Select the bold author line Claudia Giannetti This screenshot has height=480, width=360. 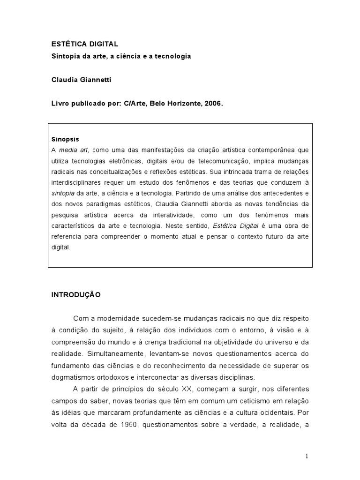[x=82, y=80]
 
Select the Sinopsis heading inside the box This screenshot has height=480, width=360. [x=65, y=139]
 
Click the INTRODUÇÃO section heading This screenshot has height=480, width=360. [x=75, y=295]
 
